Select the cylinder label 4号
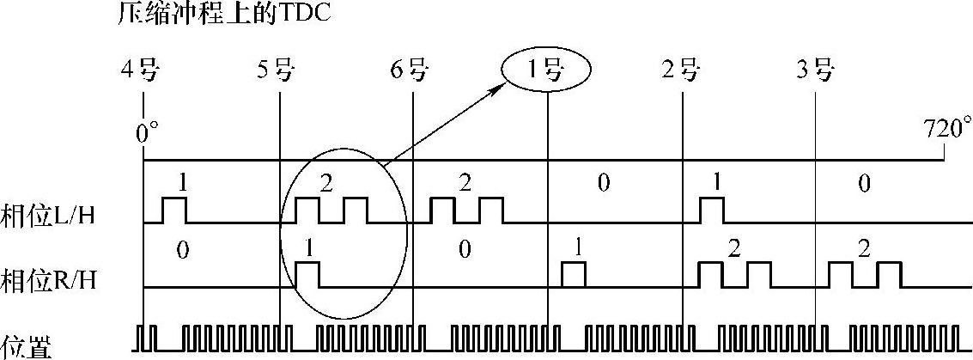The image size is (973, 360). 141,70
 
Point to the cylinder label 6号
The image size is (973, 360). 409,70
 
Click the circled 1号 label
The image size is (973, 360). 546,70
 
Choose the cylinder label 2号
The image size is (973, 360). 680,70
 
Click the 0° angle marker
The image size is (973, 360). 149,132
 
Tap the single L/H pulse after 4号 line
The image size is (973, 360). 174,210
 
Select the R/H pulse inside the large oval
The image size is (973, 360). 307,275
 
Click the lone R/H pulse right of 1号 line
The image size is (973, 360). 573,275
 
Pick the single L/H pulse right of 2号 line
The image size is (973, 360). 712,210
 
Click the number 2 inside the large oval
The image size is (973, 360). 325,182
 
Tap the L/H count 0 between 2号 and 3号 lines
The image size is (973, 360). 865,182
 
